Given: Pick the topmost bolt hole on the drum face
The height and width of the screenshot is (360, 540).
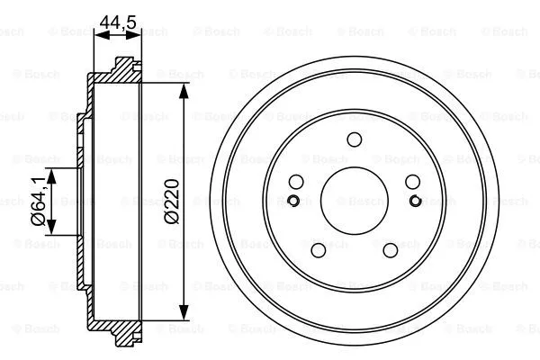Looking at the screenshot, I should tap(354, 139).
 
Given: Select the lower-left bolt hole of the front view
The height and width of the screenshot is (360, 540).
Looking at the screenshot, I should tap(318, 250).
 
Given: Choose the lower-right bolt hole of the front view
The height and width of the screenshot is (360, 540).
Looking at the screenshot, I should tap(390, 250).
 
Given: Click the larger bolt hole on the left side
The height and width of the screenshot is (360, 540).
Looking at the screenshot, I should tap(295, 181).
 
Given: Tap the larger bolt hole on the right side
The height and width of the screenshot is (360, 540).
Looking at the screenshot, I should tap(412, 181).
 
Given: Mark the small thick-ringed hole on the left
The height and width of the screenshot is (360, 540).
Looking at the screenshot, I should tap(294, 200).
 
